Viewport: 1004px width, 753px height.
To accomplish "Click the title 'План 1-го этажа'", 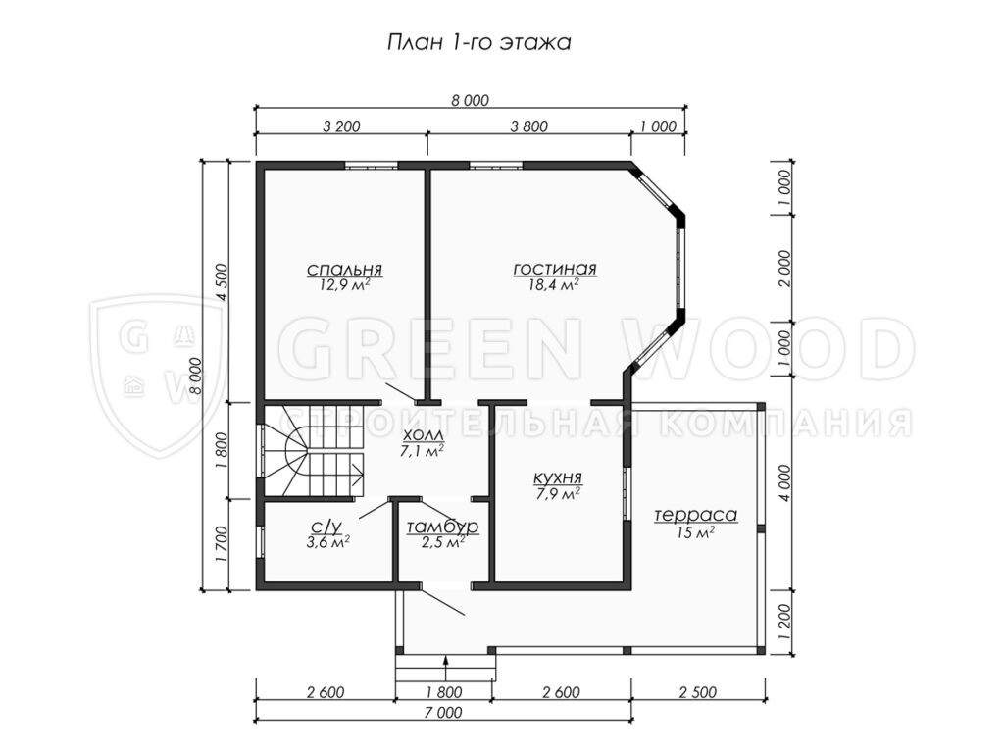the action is coord(478,43).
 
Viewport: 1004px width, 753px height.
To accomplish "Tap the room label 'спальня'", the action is coord(344,269).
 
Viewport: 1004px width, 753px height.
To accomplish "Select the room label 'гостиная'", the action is coord(555,269).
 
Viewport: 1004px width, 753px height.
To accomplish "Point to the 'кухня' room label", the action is coord(558,478).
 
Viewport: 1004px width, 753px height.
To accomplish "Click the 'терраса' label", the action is coord(695,515).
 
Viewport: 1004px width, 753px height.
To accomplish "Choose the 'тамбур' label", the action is coord(442,527).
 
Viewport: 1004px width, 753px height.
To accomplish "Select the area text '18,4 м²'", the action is coord(554,285).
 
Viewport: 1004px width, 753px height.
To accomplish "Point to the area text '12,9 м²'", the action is coord(344,285).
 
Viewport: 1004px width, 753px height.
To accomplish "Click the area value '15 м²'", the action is coord(695,532).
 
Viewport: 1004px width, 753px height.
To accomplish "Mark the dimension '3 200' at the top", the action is coord(341,126).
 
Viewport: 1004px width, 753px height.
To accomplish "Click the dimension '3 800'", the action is coord(528,126).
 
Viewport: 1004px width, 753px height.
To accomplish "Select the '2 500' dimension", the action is coord(698,692).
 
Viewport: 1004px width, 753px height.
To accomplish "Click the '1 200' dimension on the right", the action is coord(786,621).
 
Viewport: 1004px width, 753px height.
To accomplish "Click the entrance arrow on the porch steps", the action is coord(446,668).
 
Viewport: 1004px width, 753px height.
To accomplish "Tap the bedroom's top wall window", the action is coord(372,166).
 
